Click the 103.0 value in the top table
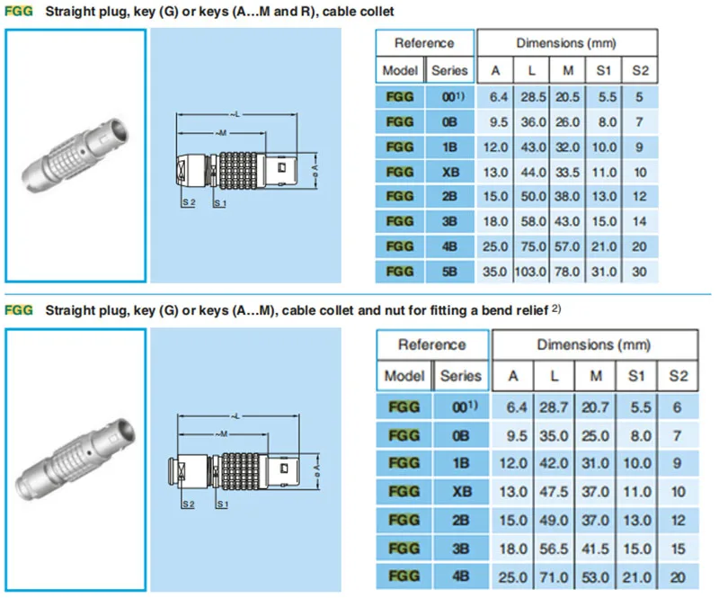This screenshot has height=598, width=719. [x=530, y=272]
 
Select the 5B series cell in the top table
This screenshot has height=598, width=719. [x=449, y=272]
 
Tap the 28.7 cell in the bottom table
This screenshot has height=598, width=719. [x=554, y=407]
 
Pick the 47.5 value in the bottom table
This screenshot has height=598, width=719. [x=554, y=492]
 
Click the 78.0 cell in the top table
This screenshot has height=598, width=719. [x=567, y=272]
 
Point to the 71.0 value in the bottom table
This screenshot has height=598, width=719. [x=554, y=577]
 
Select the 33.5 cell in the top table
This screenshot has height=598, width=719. [x=568, y=172]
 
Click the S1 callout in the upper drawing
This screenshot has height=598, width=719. [x=220, y=203]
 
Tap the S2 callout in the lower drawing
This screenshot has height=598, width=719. [x=189, y=504]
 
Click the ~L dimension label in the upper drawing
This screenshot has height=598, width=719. [x=235, y=114]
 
